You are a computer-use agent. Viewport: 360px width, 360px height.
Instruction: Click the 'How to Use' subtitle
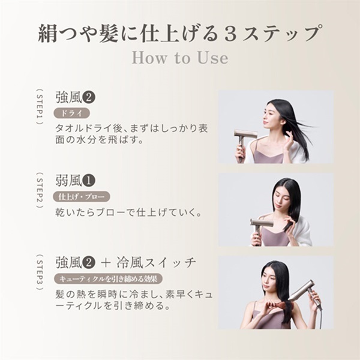[x=179, y=58]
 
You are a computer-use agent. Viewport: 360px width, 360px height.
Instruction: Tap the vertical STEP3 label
[x=40, y=272]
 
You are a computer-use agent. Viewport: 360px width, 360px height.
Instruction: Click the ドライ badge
[x=72, y=113]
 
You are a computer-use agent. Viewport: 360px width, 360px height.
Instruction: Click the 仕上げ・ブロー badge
[x=82, y=196]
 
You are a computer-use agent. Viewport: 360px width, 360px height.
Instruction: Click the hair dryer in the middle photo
[x=262, y=227]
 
